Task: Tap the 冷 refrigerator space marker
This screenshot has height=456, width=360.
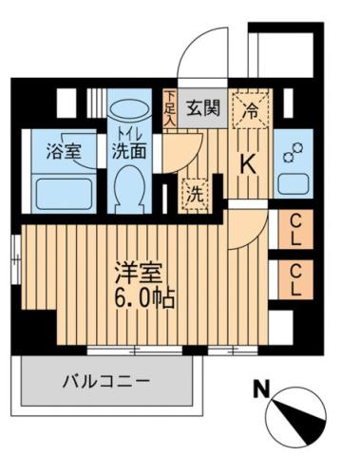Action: [x=251, y=108]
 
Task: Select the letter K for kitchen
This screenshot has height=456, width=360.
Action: [x=246, y=162]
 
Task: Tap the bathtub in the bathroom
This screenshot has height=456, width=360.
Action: [x=65, y=193]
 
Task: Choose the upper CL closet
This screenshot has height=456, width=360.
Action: [x=295, y=229]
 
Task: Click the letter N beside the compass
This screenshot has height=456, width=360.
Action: [x=259, y=389]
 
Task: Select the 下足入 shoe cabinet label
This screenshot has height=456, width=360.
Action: [x=169, y=107]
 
